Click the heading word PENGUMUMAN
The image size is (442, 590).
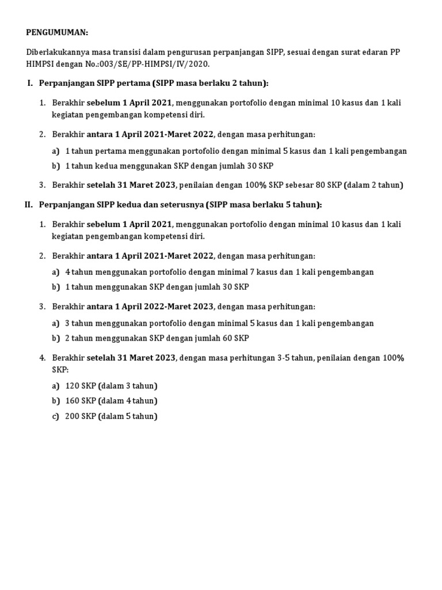coord(58,33)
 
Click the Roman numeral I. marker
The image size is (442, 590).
coord(31,83)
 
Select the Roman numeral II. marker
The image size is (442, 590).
coord(29,205)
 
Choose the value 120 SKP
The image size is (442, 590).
coord(81,385)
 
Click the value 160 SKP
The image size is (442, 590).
coord(81,400)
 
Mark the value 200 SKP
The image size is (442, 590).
coord(81,416)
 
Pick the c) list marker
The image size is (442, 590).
coord(56,416)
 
